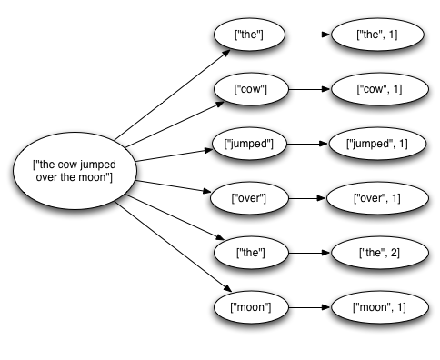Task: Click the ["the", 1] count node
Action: coord(369,36)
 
